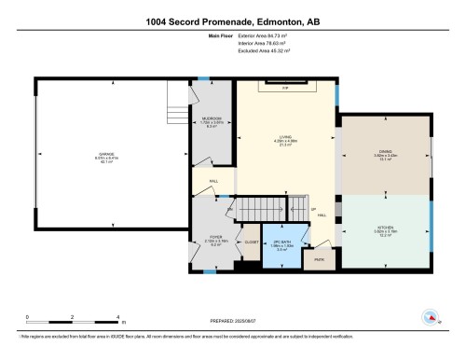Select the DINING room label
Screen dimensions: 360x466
click(385, 156)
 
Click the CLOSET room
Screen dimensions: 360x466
click(251, 242)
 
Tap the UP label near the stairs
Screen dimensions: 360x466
click(313, 208)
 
